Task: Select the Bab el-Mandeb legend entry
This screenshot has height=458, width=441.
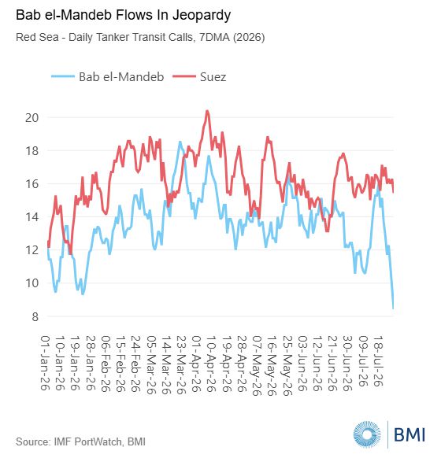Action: click(x=108, y=77)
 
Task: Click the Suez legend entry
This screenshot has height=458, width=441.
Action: click(x=199, y=77)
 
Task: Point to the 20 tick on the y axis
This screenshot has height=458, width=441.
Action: click(x=31, y=118)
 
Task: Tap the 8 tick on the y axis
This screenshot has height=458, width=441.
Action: click(x=35, y=316)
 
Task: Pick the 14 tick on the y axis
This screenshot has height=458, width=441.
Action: click(x=31, y=217)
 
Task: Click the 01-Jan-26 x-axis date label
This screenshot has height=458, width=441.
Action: click(x=45, y=363)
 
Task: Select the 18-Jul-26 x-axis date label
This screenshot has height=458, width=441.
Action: click(x=379, y=361)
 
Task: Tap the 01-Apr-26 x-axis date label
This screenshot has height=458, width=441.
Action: click(x=196, y=364)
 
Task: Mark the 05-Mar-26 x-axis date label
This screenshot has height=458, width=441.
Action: click(x=151, y=364)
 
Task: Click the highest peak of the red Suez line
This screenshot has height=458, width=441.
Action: click(x=207, y=111)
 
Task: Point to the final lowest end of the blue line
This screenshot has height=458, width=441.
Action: click(x=393, y=308)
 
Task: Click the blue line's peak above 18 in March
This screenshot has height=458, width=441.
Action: click(x=180, y=142)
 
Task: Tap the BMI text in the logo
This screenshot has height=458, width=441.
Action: click(x=409, y=434)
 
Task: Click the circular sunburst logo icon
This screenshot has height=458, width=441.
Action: click(x=367, y=434)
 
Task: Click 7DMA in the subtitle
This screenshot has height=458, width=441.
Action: click(x=214, y=38)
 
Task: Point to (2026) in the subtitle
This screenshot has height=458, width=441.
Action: click(x=249, y=38)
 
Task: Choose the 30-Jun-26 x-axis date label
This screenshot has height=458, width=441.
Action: click(x=348, y=364)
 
